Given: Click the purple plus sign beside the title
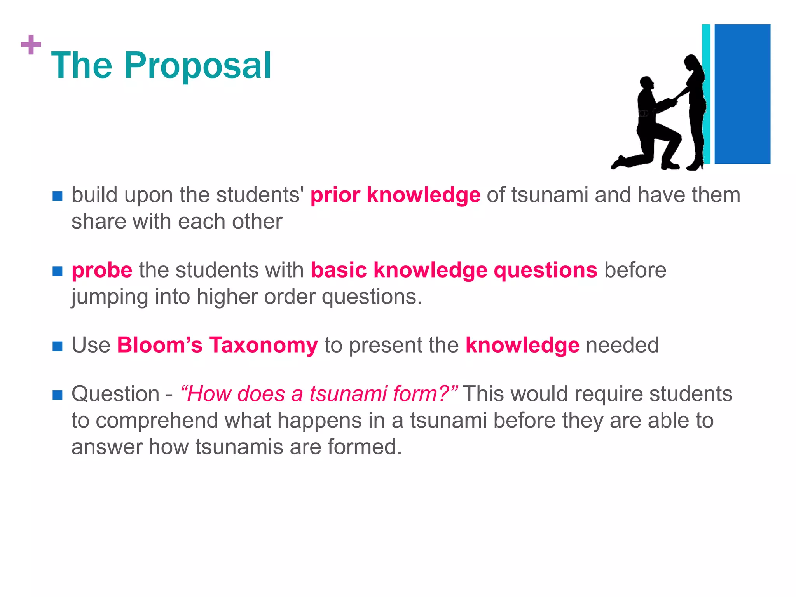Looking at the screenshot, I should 31,45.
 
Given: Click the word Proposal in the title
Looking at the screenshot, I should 197,66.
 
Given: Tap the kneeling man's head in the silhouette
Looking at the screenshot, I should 646,83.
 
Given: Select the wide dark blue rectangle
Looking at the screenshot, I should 742,94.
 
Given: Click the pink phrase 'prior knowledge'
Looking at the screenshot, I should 395,195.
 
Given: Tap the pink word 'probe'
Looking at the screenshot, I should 102,270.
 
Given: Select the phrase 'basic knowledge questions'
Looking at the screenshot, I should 454,270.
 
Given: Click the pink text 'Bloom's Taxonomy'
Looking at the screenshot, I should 217,345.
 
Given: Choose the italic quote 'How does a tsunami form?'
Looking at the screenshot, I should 319,394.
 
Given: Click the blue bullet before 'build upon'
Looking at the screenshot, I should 58,196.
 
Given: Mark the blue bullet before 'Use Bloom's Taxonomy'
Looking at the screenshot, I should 58,346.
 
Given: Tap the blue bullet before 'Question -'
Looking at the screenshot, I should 58,395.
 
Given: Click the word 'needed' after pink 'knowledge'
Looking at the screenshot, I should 622,345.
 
